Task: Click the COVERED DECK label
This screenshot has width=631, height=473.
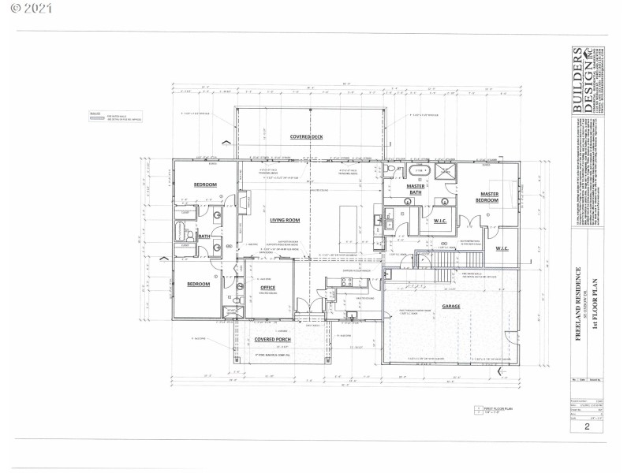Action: [307, 136]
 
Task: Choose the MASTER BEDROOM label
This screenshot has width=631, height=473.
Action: [489, 197]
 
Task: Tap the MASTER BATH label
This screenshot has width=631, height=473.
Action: [416, 189]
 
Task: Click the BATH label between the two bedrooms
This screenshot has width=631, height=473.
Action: [203, 236]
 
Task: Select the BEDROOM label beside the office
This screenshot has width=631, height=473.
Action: [197, 284]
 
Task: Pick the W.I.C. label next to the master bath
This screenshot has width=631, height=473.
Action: [440, 221]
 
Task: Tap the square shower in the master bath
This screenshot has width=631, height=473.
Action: [446, 173]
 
